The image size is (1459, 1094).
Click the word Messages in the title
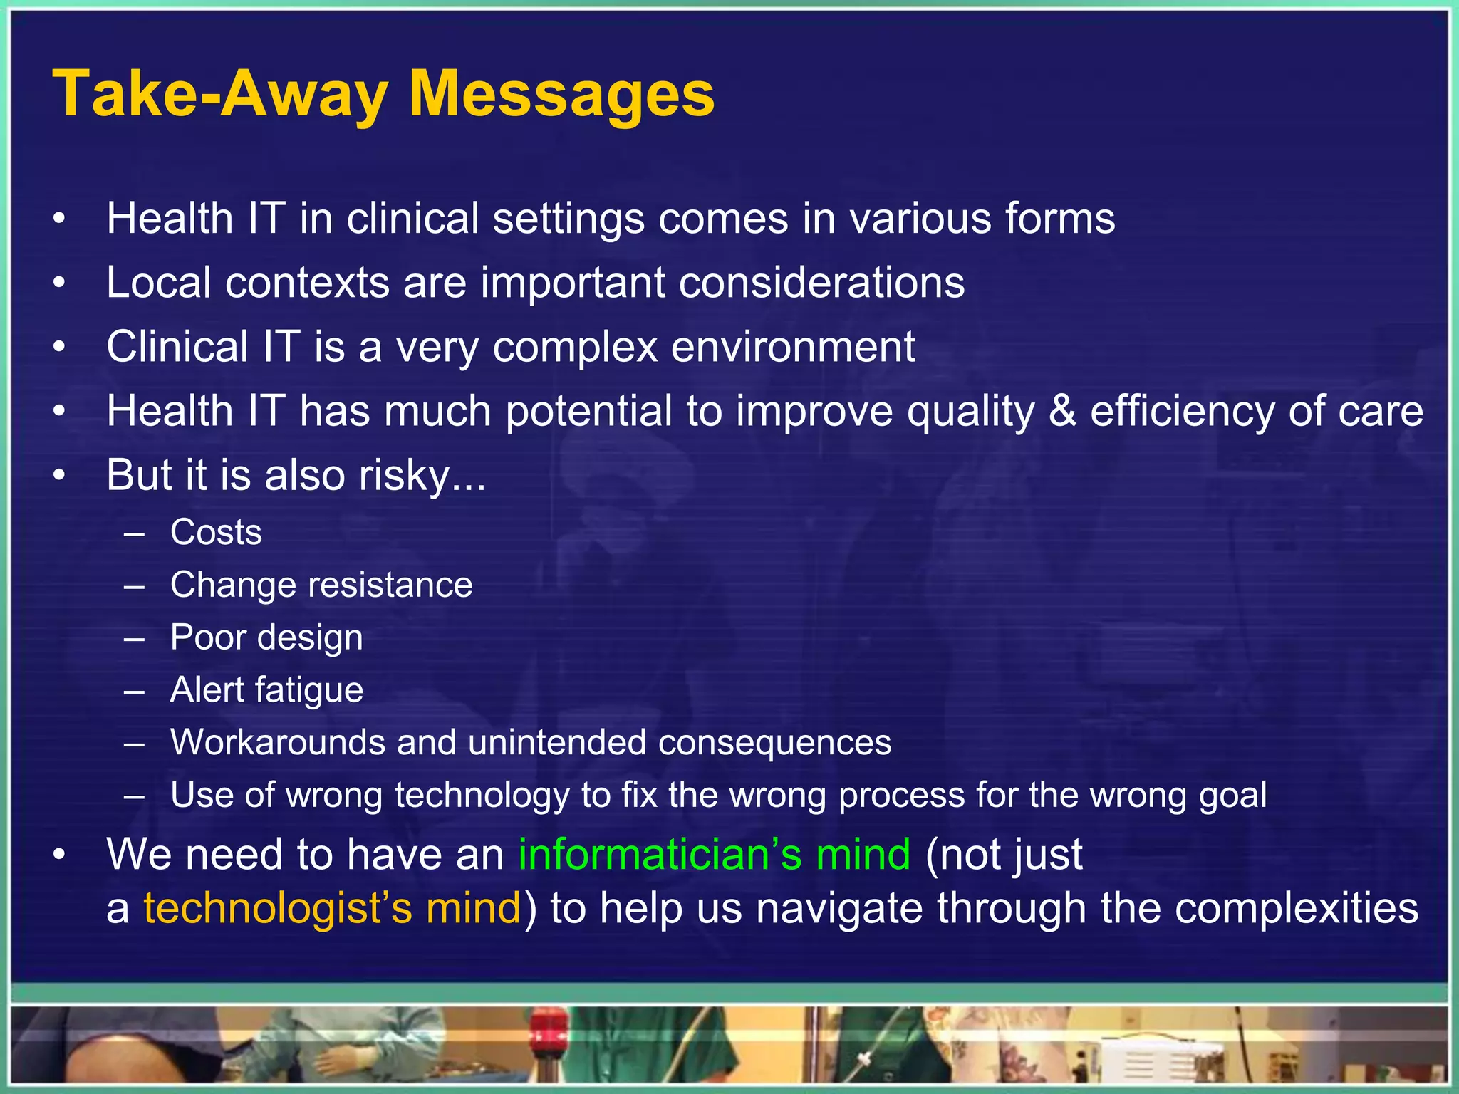pos(561,94)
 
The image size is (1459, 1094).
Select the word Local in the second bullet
pos(159,283)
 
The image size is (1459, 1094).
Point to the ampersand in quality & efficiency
pos(1062,412)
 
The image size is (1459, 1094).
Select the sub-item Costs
pos(216,533)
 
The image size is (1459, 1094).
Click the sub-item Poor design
pos(266,637)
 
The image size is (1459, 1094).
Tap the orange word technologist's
pos(278,909)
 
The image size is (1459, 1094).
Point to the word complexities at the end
pos(1296,909)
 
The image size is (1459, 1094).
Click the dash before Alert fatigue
pos(134,690)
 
